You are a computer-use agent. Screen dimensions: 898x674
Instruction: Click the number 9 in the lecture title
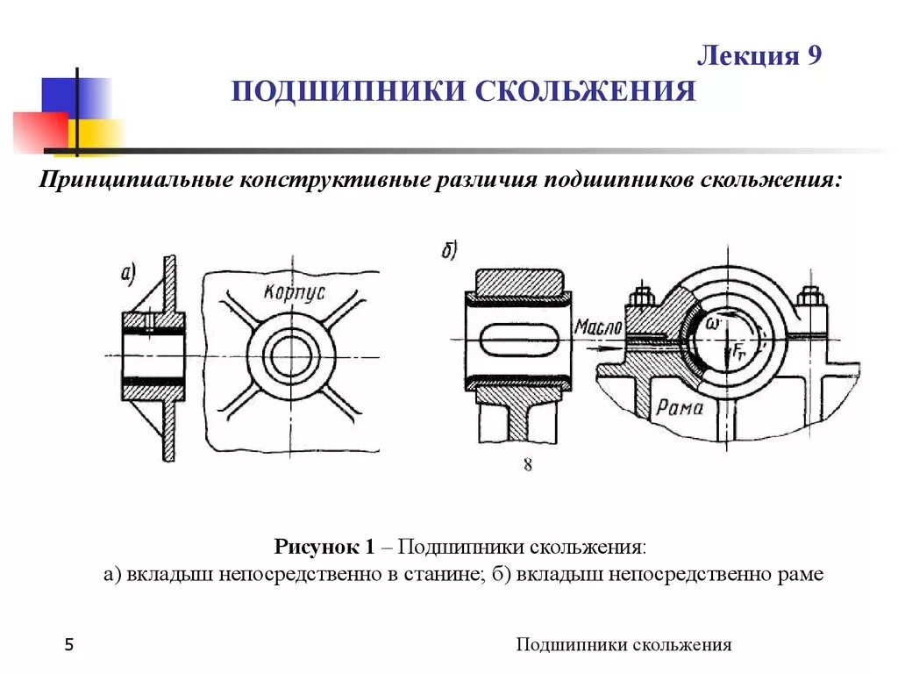coord(812,57)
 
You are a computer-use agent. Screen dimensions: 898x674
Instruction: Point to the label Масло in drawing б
coord(598,327)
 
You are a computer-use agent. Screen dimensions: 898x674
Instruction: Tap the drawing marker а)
coord(129,275)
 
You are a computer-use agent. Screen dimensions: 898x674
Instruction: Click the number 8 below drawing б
coord(527,465)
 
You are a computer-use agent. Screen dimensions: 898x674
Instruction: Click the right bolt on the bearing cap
coord(808,303)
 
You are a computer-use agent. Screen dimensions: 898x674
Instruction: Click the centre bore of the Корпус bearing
coord(291,355)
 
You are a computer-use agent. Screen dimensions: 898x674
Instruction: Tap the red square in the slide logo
coord(39,132)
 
